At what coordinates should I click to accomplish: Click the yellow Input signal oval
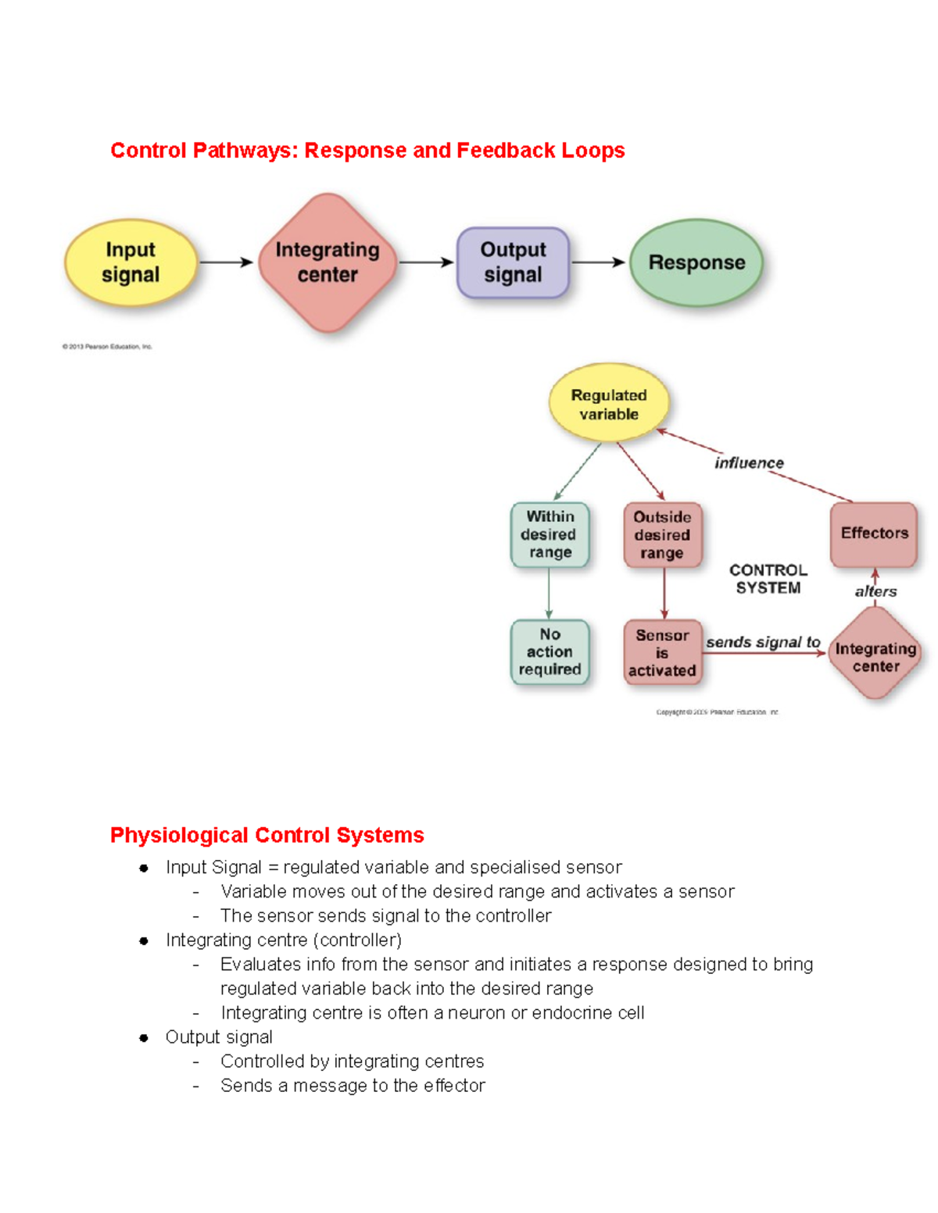131,262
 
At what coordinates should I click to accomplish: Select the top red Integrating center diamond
328,262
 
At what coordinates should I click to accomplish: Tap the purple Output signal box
513,262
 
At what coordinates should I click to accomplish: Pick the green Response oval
696,262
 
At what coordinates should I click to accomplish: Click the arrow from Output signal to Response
598,262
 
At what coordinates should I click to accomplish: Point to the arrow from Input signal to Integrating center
226,262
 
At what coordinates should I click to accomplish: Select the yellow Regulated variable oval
609,404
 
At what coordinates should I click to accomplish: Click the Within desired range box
550,534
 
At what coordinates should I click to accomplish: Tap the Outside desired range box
662,535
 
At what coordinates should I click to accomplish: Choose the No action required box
550,652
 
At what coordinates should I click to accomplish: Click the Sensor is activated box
662,653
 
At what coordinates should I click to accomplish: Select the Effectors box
874,533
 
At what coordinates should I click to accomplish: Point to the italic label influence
749,463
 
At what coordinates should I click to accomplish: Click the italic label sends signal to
763,642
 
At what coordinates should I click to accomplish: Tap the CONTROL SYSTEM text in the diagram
768,579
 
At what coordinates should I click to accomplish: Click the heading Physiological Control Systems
267,835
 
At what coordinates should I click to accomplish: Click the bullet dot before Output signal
144,1037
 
